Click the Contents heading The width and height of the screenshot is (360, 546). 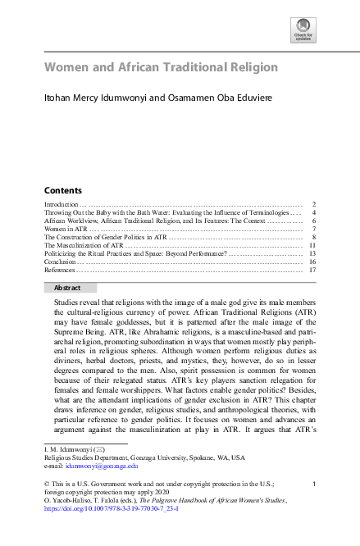click(62, 189)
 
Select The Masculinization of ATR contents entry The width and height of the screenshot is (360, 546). click(84, 244)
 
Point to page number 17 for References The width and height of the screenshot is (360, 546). click(312, 269)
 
